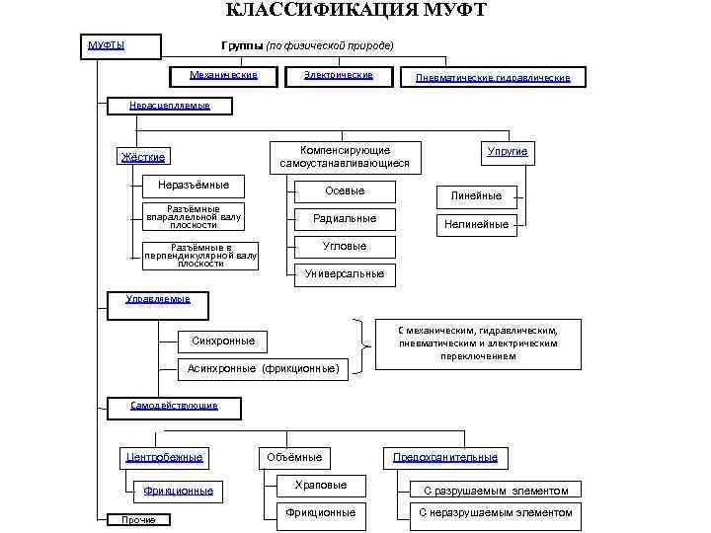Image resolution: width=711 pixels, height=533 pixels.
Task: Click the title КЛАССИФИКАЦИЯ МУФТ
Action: (355, 11)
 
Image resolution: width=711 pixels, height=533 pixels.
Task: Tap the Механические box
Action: (223, 76)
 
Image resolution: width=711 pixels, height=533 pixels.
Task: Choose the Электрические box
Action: (338, 76)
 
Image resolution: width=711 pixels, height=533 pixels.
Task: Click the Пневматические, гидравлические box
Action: (492, 77)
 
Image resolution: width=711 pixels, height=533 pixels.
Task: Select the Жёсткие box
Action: (143, 157)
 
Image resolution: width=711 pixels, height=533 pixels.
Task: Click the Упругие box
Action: (508, 151)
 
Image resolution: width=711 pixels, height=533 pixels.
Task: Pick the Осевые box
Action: (345, 190)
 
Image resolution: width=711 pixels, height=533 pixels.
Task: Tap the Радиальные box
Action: (345, 218)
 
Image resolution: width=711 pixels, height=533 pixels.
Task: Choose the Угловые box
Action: (345, 246)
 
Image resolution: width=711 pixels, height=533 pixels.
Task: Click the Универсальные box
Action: (345, 273)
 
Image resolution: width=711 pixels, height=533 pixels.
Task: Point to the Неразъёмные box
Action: (194, 185)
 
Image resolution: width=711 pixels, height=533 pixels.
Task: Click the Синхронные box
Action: (223, 341)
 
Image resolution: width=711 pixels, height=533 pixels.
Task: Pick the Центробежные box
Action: (165, 457)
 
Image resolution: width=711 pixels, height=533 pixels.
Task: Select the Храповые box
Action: (321, 485)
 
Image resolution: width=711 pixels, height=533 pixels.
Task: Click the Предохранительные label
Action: (445, 457)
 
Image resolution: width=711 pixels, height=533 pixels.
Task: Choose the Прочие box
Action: (138, 520)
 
